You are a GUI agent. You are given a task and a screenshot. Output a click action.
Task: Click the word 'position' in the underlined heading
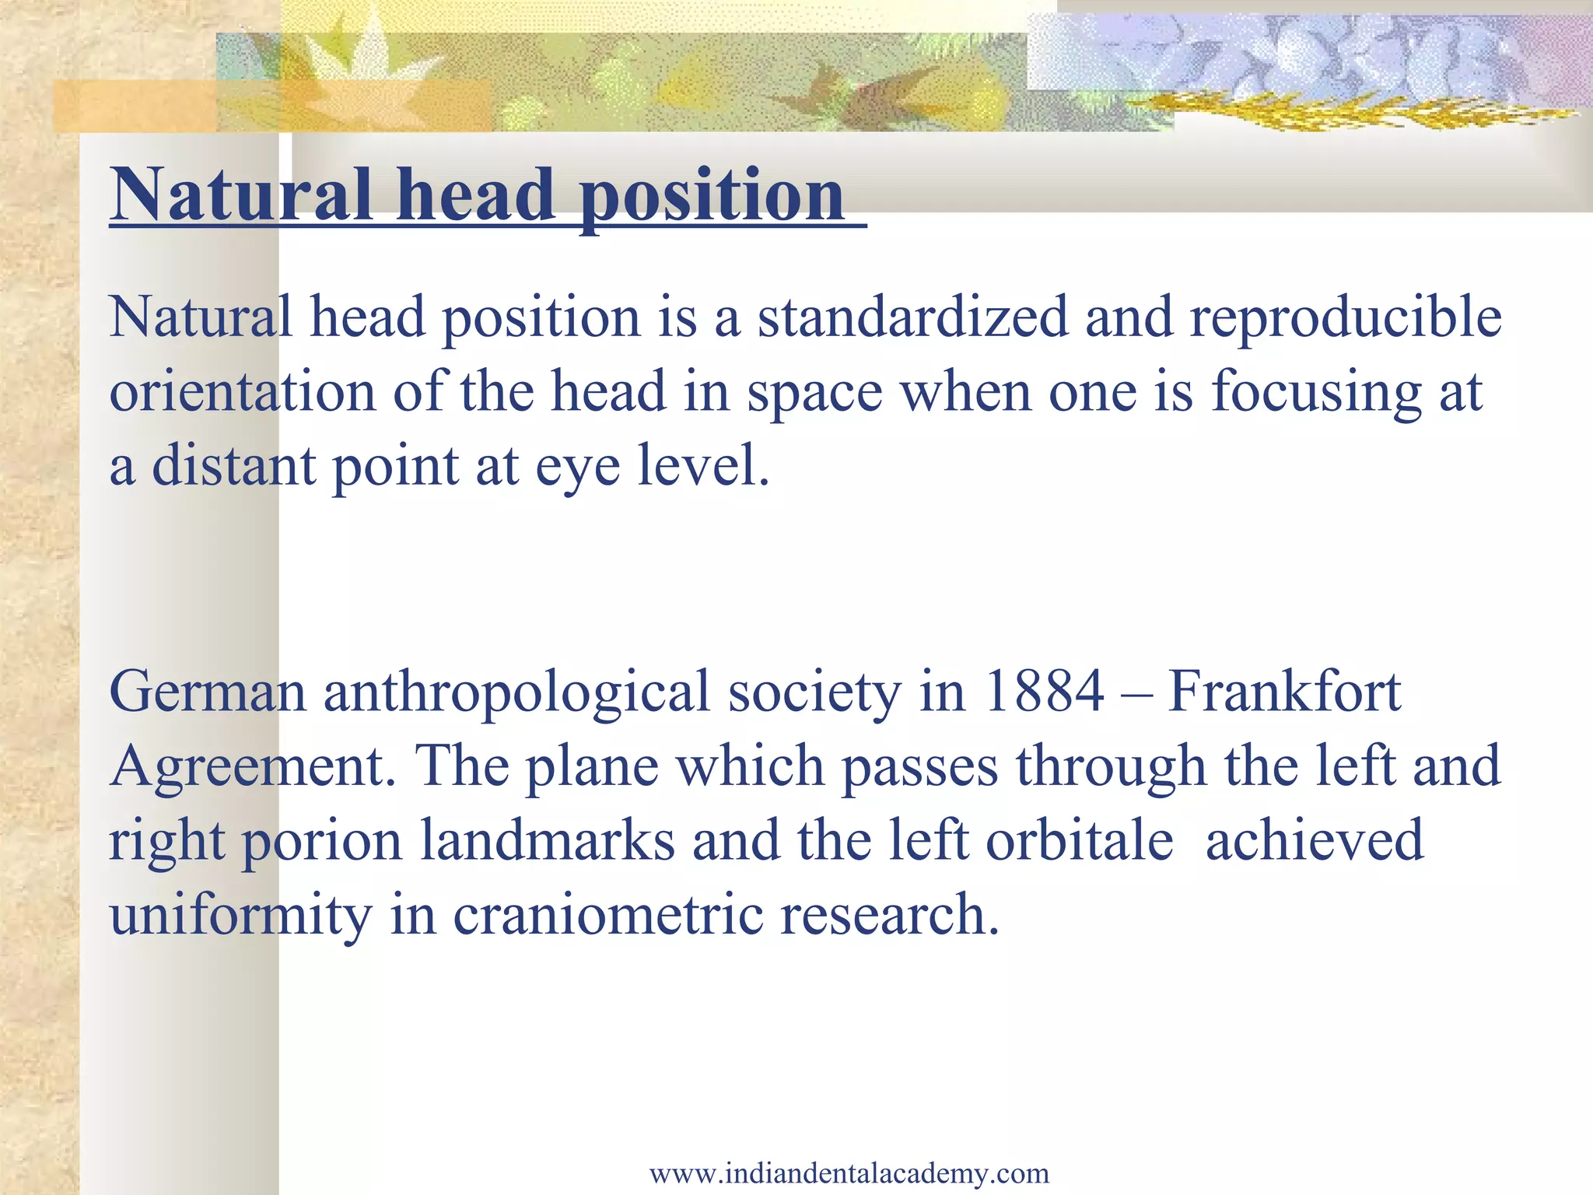(x=712, y=196)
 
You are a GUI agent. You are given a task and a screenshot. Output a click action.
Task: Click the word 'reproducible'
(x=1346, y=318)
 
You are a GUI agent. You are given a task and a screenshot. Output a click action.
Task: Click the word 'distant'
(x=233, y=466)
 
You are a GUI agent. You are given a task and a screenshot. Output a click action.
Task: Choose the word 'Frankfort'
(x=1284, y=692)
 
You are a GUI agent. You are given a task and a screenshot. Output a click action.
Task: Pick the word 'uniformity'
(x=241, y=916)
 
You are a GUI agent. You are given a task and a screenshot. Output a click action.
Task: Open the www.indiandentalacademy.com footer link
(x=849, y=1172)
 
